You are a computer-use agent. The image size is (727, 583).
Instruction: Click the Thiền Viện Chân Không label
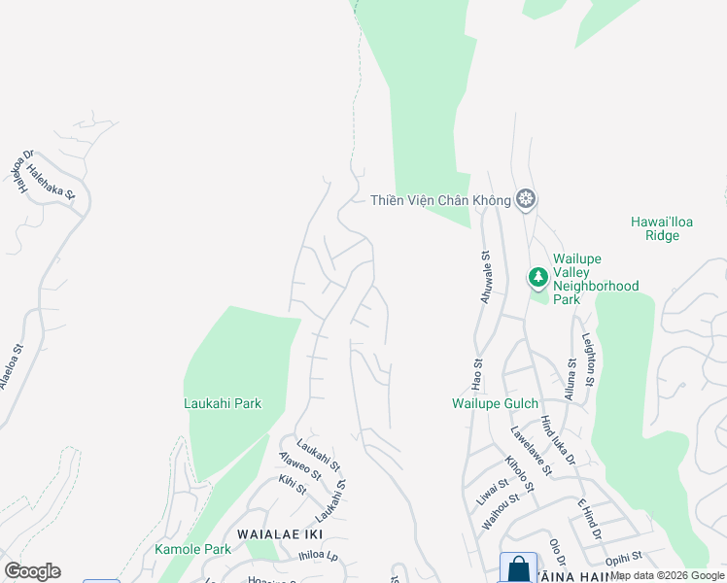coord(441,200)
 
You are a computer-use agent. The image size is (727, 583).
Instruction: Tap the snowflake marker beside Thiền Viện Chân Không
coord(526,200)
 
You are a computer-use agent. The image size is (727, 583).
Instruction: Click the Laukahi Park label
coord(223,402)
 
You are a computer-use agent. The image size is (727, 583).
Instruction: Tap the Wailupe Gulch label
coord(495,403)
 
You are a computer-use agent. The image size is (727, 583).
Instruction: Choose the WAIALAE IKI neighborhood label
coord(280,534)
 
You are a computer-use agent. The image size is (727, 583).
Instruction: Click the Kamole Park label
coord(193,549)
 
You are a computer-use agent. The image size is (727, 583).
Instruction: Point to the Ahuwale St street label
coord(487,276)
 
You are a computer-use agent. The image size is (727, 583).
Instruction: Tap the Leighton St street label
coord(588,360)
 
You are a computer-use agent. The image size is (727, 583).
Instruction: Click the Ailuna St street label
coord(571,379)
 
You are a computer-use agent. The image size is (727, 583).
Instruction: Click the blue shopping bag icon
coord(518,568)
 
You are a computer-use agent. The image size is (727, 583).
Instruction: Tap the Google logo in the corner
coord(32,571)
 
